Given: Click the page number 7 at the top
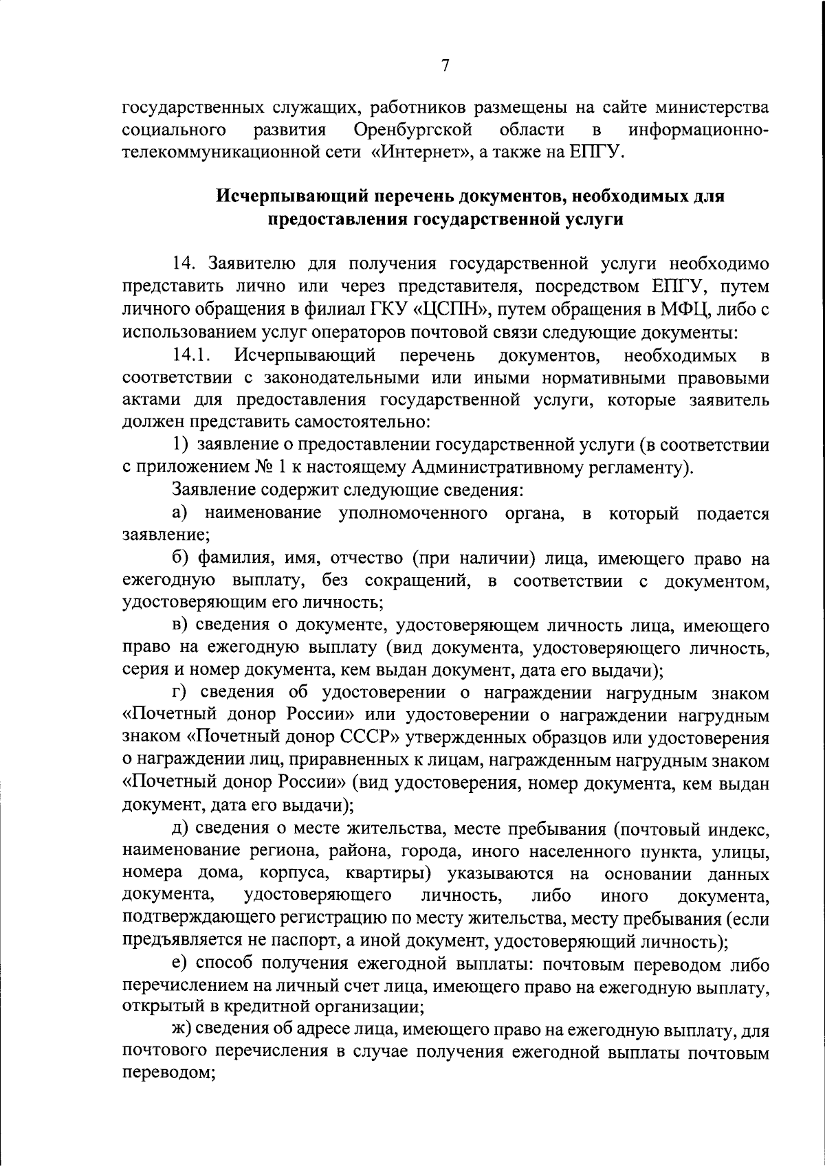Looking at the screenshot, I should click(x=445, y=66).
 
